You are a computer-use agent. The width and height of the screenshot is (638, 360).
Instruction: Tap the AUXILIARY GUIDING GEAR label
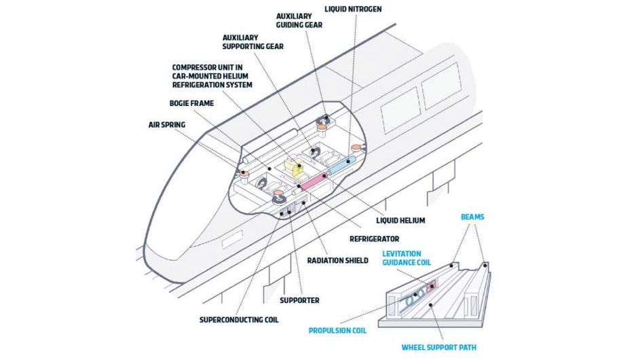299,20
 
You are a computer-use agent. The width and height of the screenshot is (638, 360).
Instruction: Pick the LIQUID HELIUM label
399,220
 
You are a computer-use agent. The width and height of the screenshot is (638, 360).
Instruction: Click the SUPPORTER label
299,300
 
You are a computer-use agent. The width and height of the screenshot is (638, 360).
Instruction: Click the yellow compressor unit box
294,166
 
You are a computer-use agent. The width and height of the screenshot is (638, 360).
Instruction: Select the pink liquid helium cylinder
314,181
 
